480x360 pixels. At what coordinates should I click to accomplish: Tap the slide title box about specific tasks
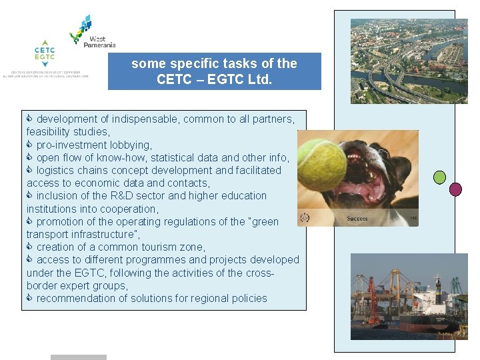point(214,71)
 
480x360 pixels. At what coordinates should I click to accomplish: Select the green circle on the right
point(439,177)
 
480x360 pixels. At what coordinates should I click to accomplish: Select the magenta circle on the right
point(455,189)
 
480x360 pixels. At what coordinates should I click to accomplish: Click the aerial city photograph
point(409,61)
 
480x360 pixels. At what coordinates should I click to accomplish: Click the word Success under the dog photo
point(357,219)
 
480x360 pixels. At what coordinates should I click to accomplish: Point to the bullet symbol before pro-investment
point(30,145)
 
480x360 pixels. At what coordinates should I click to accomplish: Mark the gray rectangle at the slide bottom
point(78,357)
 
